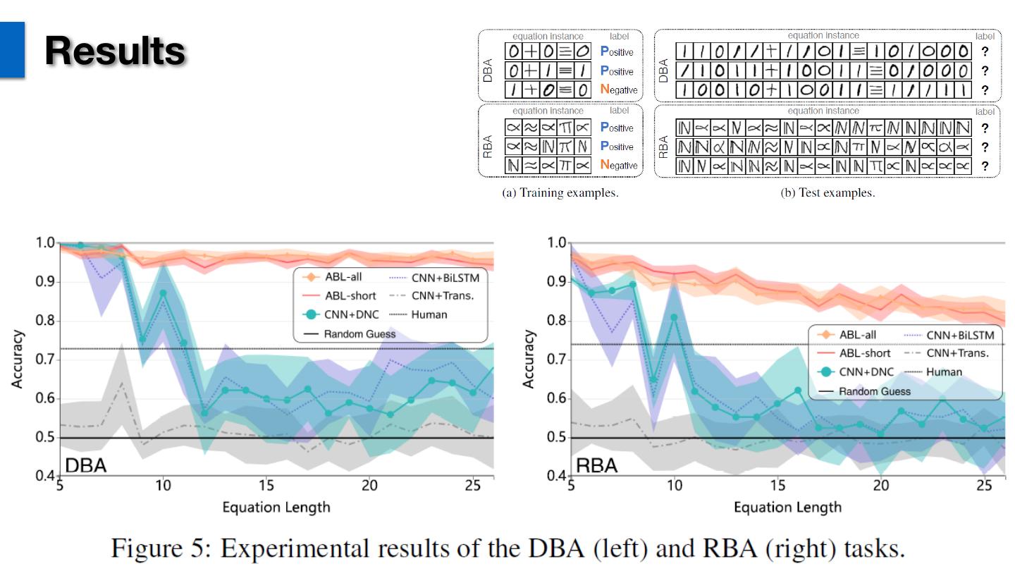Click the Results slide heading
tap(115, 51)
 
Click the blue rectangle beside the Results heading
tap(12, 49)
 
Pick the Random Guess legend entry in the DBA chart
tap(360, 333)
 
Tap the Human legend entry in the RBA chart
tap(944, 372)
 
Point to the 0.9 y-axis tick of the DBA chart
tap(44, 282)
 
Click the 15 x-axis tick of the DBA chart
tap(266, 486)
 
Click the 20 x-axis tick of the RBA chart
tap(880, 486)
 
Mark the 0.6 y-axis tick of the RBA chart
tap(555, 398)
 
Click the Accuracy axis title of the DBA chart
tap(17, 360)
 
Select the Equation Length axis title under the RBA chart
tap(787, 507)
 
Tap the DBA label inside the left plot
tap(86, 465)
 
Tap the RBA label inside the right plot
tap(596, 465)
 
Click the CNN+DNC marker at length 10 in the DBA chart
tap(164, 293)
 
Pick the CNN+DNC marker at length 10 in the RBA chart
tap(675, 317)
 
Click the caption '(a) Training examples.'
tap(560, 192)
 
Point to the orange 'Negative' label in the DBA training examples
tap(619, 90)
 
